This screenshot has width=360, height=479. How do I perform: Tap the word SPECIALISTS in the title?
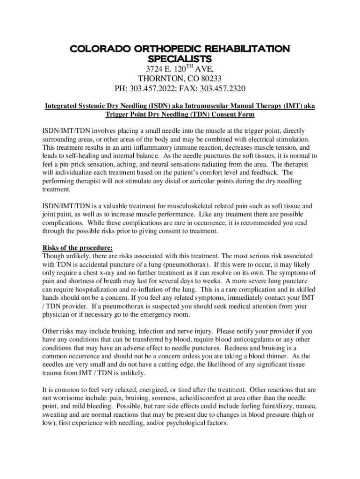coord(180,59)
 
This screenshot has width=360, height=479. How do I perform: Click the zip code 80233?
coord(210,79)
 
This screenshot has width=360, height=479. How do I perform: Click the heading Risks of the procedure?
coord(78,247)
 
